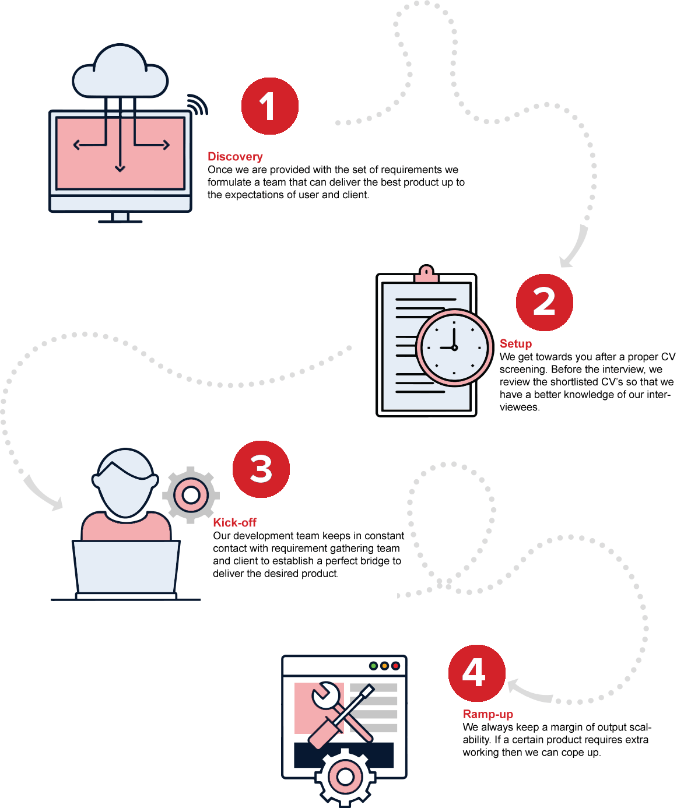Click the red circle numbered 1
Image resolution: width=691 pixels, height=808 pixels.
(269, 106)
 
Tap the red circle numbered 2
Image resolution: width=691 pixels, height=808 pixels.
(544, 303)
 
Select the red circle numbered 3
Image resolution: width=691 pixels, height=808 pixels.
(261, 469)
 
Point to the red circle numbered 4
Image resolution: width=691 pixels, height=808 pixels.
(476, 673)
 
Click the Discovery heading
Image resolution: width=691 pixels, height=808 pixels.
(235, 156)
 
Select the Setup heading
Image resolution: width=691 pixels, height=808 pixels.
(515, 343)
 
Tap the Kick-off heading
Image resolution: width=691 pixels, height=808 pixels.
(234, 522)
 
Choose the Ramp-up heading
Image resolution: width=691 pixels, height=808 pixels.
(487, 714)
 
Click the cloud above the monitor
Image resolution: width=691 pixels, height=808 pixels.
(120, 73)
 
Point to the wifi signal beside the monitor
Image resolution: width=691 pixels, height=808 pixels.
(197, 104)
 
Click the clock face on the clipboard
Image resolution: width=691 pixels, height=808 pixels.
(454, 347)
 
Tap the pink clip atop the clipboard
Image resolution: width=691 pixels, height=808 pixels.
(426, 273)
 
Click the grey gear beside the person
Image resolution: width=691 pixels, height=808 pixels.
(191, 495)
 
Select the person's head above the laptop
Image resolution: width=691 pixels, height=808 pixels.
(125, 482)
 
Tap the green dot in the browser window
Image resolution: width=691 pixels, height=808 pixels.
(373, 666)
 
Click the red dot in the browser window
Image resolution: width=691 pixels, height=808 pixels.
(395, 666)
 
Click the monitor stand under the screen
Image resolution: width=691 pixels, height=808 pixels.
(120, 217)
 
